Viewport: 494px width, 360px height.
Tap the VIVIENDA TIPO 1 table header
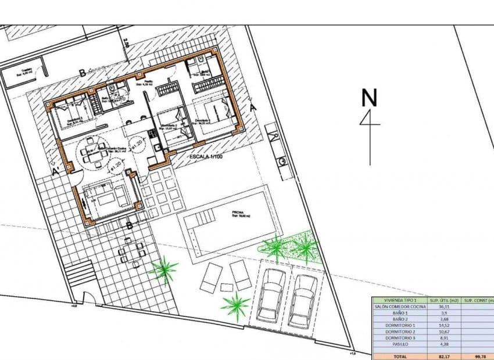tap(400, 300)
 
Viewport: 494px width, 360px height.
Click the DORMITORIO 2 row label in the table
tap(400, 332)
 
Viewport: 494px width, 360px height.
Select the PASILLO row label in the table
tap(400, 345)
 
